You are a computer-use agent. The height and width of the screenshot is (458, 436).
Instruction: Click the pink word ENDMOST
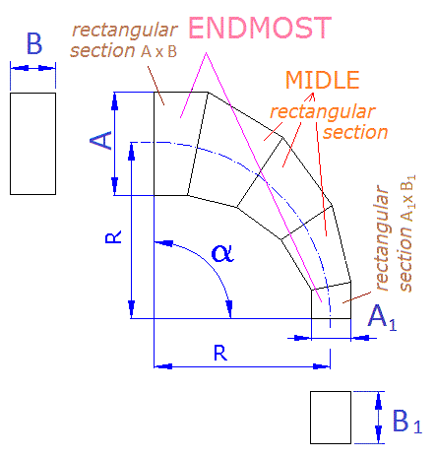tap(260, 28)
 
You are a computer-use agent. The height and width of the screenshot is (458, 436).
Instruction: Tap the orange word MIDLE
tap(323, 80)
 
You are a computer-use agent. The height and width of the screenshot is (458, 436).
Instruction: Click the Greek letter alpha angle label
tap(222, 253)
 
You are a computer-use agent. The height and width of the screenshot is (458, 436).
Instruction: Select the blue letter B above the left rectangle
tap(34, 43)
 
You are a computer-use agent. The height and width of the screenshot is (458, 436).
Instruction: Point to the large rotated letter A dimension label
tap(101, 140)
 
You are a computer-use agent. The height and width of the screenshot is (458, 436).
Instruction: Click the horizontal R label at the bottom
tap(220, 353)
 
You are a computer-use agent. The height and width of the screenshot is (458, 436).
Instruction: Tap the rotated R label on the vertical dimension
tap(113, 236)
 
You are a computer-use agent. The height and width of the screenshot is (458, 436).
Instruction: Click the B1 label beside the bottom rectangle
tap(407, 421)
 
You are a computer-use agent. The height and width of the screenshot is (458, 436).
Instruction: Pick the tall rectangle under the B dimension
tap(32, 144)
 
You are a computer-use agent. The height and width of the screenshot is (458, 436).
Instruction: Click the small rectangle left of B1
tap(331, 418)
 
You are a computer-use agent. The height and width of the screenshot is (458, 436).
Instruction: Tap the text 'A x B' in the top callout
tap(159, 51)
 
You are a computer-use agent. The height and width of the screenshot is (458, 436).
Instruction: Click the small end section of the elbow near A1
tap(332, 300)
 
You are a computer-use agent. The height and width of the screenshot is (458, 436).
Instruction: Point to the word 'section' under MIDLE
tap(355, 132)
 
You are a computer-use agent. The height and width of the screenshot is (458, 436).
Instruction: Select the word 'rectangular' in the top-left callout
tap(125, 31)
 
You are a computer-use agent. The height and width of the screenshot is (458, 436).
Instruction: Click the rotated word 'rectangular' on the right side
tap(381, 237)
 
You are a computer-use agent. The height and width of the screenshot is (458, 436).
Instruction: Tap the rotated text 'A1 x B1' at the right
tap(407, 198)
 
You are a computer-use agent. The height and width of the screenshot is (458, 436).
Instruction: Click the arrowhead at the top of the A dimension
tap(114, 100)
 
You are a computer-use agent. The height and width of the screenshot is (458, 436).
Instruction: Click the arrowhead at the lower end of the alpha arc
tap(229, 308)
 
